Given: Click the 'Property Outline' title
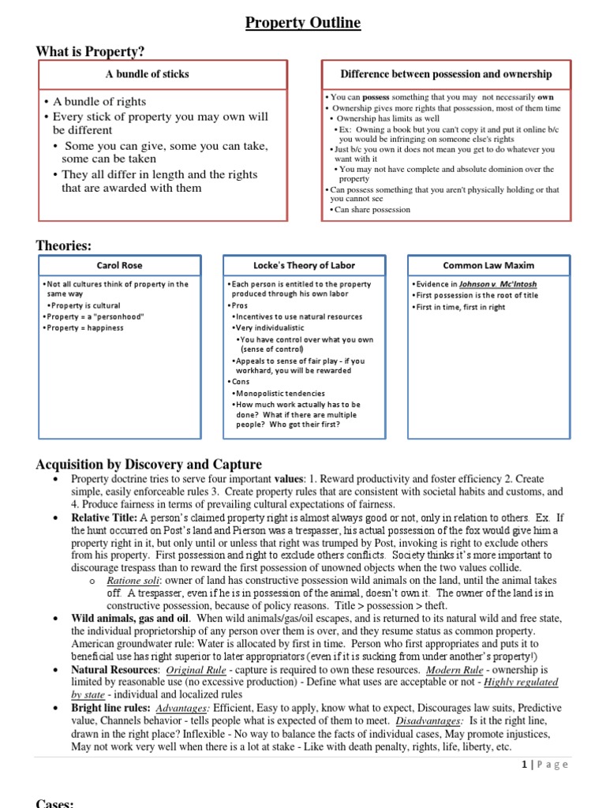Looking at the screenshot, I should [303, 23].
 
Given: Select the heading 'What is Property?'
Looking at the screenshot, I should [91, 51].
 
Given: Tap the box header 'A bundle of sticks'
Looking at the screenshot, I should [148, 74].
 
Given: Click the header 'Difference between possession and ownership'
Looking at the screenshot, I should [446, 74].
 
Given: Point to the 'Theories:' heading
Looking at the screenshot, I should [64, 246].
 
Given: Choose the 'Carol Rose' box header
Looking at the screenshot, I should [119, 266].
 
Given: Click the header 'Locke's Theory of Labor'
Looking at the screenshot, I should [303, 266].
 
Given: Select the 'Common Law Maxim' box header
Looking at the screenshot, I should [487, 266].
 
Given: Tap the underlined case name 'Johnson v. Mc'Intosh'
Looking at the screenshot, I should [492, 284].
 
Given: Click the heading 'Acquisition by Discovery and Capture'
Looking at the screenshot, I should [149, 464].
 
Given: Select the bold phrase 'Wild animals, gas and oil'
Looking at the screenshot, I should [134, 618].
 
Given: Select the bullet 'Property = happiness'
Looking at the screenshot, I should [85, 327].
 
